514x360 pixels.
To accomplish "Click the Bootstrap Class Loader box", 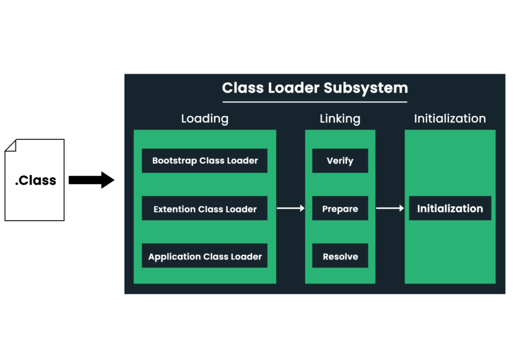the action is click(205, 161).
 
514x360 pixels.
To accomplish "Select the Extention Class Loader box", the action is click(205, 208).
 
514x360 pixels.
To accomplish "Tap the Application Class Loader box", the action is click(205, 256).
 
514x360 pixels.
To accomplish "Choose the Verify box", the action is click(340, 161).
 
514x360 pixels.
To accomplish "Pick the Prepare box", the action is click(340, 208).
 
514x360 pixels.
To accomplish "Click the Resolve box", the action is click(340, 256).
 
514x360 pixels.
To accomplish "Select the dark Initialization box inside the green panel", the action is click(450, 208).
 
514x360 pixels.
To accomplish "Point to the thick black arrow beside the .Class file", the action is click(91, 180).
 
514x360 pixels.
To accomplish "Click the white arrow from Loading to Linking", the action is click(291, 208).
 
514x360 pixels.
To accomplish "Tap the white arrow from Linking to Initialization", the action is click(390, 208).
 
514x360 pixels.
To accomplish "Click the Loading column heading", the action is click(205, 118).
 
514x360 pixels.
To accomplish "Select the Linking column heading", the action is click(340, 118).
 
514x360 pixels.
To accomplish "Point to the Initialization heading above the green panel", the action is click(450, 118).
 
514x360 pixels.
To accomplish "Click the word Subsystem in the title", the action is click(366, 88).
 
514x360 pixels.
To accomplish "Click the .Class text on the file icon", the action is click(36, 180).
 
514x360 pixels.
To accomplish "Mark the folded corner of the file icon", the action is click(11, 146).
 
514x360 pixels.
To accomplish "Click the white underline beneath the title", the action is click(315, 102).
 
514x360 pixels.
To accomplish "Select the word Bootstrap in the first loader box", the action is click(174, 161).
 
